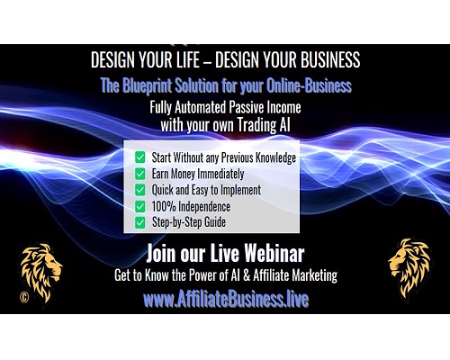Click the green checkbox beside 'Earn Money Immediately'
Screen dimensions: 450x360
140,174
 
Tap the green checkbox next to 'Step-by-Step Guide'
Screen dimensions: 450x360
140,222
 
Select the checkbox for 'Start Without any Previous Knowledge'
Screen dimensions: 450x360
140,157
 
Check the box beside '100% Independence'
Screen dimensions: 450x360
140,206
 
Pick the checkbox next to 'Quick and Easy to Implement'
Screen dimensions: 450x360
140,190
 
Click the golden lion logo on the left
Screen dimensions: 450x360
41,273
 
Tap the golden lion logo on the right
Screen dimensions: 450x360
409,268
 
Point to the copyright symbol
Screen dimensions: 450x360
24,297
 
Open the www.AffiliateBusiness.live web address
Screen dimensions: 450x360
226,299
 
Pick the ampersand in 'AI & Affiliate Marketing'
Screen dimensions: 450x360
247,275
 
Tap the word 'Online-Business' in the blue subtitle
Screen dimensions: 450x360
309,85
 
